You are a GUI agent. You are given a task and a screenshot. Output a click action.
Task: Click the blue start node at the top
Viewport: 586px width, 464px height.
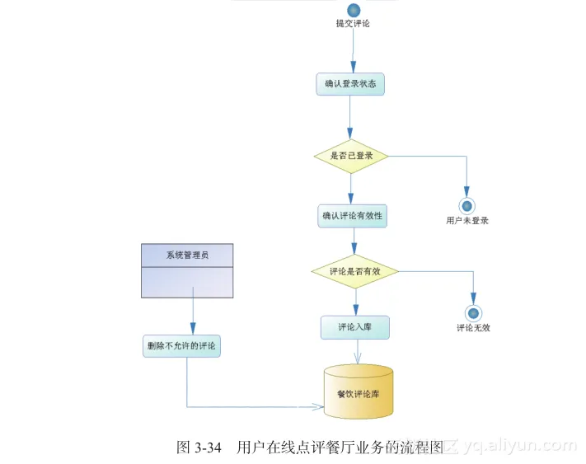[x=354, y=10]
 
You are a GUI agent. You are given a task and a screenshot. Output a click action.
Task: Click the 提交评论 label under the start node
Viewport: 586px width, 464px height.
[x=353, y=24]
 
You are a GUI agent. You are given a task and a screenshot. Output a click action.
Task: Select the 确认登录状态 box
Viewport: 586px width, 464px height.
[x=350, y=84]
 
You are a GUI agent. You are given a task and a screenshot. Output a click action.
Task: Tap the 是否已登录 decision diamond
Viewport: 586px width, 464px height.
[x=351, y=154]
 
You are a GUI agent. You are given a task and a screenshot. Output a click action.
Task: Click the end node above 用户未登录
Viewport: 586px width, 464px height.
[x=467, y=205]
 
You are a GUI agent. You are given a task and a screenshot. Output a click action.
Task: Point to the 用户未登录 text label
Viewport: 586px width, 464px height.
[x=467, y=221]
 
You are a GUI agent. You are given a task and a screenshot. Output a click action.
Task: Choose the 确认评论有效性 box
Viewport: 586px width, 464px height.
[x=354, y=217]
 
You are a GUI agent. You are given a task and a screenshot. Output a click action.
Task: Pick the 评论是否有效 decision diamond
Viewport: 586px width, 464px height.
[x=354, y=270]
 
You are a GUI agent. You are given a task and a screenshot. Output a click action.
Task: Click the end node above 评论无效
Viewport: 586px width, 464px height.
[x=473, y=312]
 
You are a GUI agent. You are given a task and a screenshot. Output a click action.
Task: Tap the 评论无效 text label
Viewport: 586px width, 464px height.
[x=474, y=328]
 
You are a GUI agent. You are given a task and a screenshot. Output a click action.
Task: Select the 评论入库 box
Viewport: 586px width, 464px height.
[x=354, y=327]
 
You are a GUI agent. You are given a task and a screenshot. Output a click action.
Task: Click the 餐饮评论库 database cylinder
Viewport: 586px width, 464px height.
[x=358, y=392]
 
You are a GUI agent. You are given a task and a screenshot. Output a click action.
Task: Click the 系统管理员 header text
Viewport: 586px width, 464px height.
[x=186, y=255]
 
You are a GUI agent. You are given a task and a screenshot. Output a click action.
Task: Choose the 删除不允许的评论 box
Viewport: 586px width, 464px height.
[x=181, y=346]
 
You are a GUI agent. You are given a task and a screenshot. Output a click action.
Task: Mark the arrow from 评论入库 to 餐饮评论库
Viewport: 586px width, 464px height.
[x=357, y=351]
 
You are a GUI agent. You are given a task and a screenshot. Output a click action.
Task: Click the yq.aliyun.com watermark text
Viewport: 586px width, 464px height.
[x=519, y=447]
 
